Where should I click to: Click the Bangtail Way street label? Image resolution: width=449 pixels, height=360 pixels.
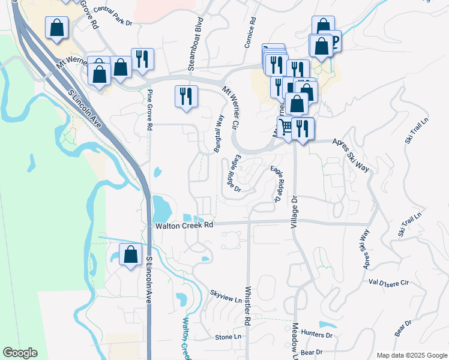point(219,134)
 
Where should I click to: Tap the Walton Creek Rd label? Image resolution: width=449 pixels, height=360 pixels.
point(184,226)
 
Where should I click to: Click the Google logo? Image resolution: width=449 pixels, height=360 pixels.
point(20,353)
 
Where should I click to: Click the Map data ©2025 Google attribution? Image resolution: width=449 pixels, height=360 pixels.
point(412,355)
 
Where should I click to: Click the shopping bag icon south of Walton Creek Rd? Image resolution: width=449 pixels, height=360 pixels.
point(130,254)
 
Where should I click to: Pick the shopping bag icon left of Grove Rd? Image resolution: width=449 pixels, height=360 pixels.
point(56,27)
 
